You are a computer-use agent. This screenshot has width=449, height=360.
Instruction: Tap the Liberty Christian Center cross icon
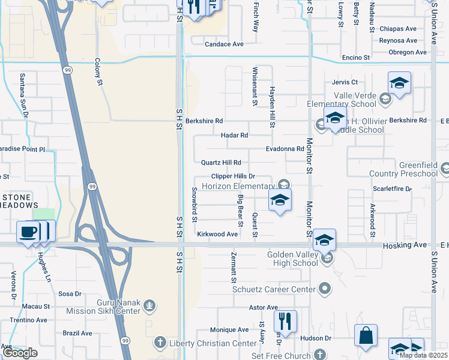pos(160,343)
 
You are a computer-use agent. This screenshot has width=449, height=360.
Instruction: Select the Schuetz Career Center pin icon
pos(325,289)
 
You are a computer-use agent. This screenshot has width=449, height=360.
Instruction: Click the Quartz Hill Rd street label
pos(221,163)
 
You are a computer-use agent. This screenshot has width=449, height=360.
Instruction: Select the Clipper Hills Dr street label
pos(234,176)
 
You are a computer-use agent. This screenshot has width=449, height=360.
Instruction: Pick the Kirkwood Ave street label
pos(217,234)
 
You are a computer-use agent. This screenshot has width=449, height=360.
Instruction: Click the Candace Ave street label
pos(224,44)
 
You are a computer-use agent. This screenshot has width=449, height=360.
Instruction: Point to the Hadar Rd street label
pos(234,136)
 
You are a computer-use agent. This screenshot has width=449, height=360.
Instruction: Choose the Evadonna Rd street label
pos(285,149)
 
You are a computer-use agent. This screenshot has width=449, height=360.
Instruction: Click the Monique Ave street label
pos(229,330)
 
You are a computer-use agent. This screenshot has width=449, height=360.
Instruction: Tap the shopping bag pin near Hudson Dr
pos(366,336)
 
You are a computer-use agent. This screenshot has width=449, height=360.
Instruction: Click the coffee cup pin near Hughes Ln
pos(28,232)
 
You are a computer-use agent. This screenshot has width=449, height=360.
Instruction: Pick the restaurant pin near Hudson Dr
pos(285,320)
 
